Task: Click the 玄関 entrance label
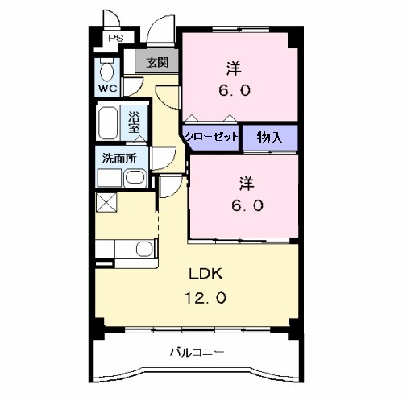click(x=158, y=63)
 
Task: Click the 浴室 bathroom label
click(x=134, y=122)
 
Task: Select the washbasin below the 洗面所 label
click(x=135, y=178)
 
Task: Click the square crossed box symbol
click(x=106, y=202)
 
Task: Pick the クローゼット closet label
click(x=211, y=137)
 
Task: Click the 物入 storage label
click(x=270, y=137)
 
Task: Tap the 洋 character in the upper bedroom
click(x=234, y=68)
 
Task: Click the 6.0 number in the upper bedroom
click(x=234, y=90)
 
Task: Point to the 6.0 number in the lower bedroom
click(x=247, y=205)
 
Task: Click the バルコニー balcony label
click(x=197, y=352)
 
